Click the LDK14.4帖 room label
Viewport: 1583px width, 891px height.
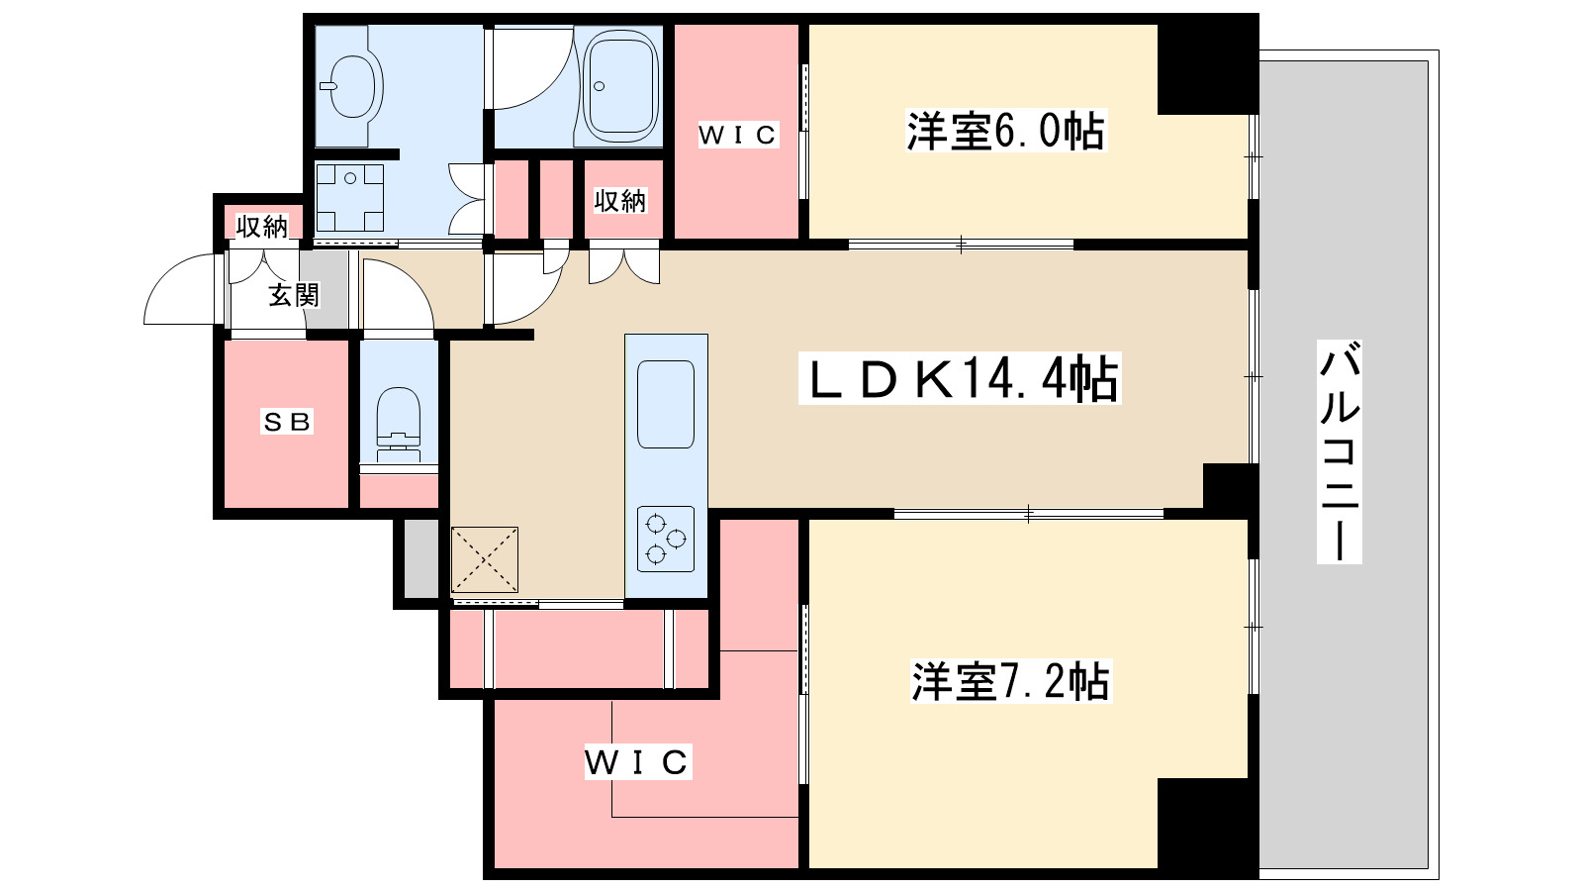coord(960,379)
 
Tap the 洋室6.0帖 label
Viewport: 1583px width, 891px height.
coord(1005,131)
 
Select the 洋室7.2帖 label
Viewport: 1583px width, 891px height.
coord(1010,681)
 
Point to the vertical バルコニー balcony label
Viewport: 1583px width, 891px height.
coord(1340,451)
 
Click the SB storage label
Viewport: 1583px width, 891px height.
coord(286,422)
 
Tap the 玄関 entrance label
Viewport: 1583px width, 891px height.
coord(293,295)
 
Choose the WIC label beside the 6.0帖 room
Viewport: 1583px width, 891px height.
coord(738,135)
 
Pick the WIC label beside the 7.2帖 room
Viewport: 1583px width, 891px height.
coord(637,761)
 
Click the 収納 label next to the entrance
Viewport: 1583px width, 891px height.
coord(261,227)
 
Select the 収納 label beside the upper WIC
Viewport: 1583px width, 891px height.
coord(619,202)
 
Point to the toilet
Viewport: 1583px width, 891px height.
coord(399,422)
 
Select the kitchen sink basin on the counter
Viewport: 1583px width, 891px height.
coord(666,405)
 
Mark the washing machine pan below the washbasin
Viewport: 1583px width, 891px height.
coord(350,198)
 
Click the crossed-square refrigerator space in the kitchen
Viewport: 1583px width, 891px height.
coord(485,559)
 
